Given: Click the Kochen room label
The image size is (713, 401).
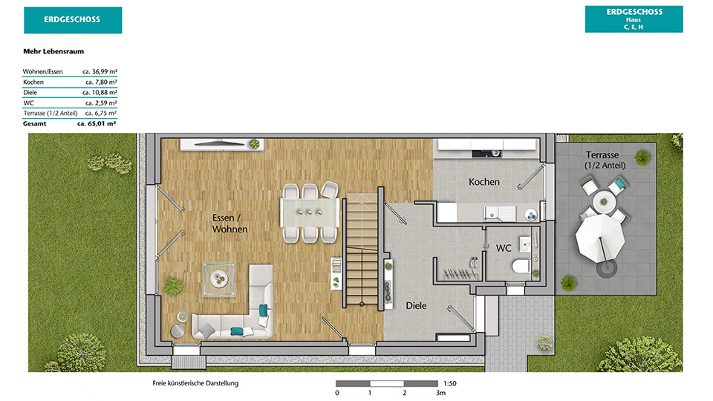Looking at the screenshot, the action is [x=484, y=182].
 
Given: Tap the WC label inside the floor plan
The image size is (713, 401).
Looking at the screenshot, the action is [x=504, y=248].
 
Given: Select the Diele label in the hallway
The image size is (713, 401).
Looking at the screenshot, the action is [x=416, y=305].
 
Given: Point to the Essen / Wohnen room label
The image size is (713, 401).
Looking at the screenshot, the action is [x=229, y=224].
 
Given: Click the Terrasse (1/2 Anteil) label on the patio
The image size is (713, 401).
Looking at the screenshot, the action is [x=605, y=160].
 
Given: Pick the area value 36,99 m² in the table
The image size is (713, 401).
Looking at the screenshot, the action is [x=100, y=71].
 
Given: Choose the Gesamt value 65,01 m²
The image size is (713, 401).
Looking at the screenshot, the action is [x=97, y=123].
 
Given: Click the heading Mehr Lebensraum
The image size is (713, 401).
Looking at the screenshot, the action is [x=53, y=51].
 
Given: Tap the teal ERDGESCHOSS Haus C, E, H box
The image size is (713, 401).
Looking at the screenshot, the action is [x=634, y=19].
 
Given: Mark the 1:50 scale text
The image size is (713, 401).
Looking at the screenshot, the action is [x=450, y=383].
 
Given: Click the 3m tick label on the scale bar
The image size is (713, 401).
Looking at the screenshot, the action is [x=440, y=393].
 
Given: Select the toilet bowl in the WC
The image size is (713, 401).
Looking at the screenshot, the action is [x=521, y=266].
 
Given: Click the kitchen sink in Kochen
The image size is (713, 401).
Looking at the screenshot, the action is [x=500, y=213].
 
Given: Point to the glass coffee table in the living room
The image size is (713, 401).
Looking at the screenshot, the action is [x=219, y=279].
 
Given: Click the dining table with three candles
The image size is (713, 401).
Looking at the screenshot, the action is [x=310, y=213].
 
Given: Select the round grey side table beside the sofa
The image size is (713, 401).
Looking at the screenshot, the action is [x=178, y=331].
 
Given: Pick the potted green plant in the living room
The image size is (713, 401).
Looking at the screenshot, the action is [x=173, y=286].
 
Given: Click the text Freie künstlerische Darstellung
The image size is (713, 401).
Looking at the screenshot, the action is [x=195, y=383].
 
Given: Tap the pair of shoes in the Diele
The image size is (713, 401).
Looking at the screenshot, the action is [x=474, y=262].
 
